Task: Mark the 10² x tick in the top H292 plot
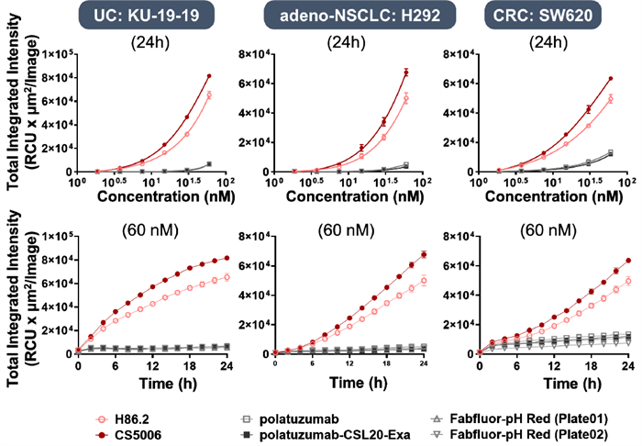coord(426,183)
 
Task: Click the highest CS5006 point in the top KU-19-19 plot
coord(209,76)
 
